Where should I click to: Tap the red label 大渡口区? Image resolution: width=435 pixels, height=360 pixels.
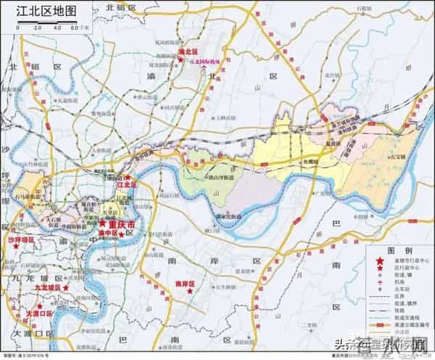coord(40,313)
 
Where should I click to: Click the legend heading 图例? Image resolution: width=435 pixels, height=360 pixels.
coord(397,248)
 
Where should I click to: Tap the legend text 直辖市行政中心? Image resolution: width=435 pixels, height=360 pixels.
coord(405,261)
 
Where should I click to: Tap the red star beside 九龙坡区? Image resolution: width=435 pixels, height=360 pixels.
coord(67,287)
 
